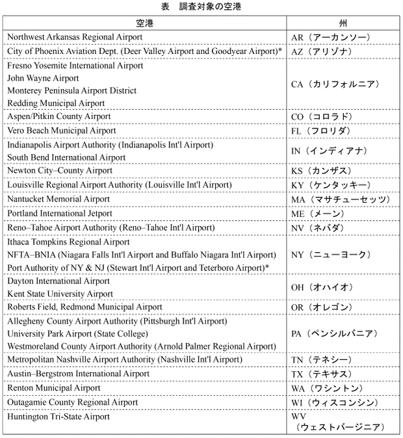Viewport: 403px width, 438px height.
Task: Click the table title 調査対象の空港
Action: (201, 7)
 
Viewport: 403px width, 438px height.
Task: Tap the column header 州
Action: (343, 23)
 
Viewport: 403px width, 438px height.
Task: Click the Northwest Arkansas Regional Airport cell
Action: (75, 37)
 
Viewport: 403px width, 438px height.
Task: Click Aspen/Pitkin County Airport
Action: (59, 116)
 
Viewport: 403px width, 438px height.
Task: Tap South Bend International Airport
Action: (66, 157)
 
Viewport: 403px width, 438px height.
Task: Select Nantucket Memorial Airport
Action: (58, 199)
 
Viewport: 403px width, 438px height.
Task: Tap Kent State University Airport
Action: (60, 294)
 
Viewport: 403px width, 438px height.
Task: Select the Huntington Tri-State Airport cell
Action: (59, 417)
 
